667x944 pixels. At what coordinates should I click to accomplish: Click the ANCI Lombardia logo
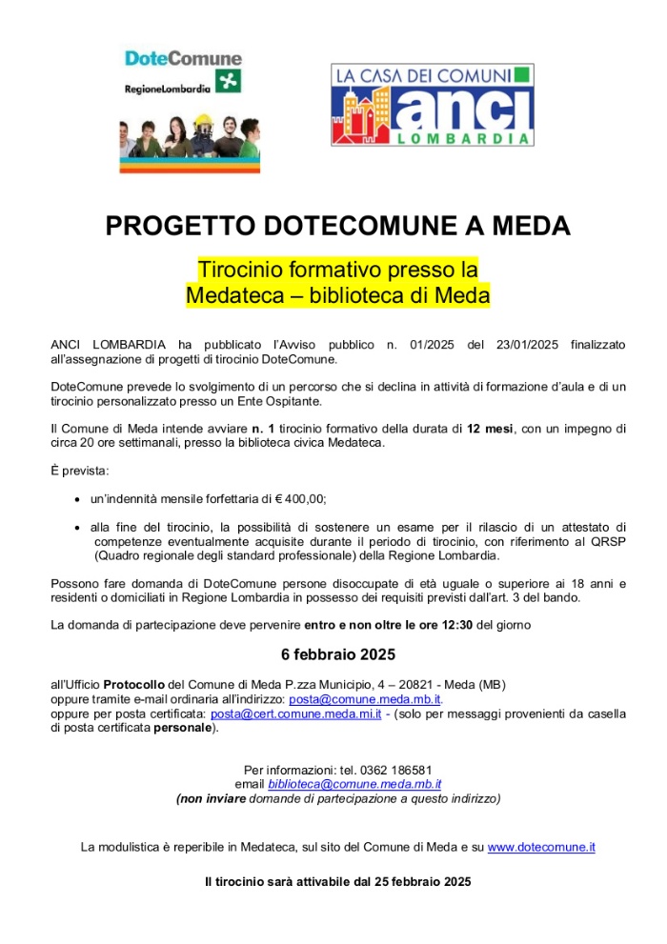[x=432, y=105]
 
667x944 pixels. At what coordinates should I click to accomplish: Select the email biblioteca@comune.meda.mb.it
[x=354, y=784]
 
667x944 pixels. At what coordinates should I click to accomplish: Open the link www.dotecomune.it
[x=541, y=846]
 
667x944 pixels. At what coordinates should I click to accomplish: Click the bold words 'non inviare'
[x=212, y=798]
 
